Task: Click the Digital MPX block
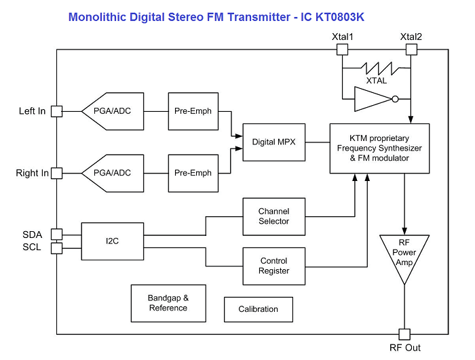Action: point(273,142)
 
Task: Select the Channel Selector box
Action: point(273,216)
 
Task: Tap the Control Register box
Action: point(273,265)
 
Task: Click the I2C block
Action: point(113,241)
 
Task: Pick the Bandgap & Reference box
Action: point(168,302)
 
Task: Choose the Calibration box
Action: point(258,309)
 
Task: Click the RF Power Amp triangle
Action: point(404,258)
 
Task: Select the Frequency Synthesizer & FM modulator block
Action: point(379,148)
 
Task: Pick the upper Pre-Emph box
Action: point(193,111)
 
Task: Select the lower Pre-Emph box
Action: point(193,173)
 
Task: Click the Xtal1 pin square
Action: point(343,49)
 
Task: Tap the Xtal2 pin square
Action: point(411,49)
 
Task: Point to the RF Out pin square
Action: point(404,334)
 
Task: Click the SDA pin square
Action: point(57,235)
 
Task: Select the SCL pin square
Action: point(57,247)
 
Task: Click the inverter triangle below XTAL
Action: point(372,100)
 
